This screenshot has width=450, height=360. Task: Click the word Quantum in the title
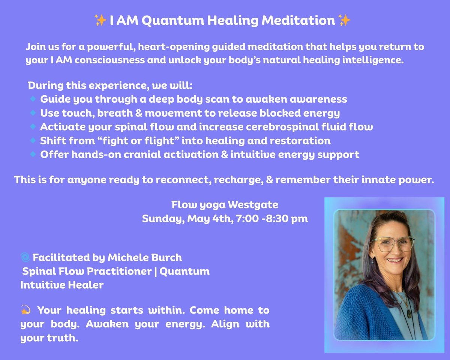(174, 21)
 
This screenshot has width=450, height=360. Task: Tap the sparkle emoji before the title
(100, 20)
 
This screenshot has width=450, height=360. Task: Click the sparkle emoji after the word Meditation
(344, 20)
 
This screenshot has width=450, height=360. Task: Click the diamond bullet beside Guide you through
(33, 99)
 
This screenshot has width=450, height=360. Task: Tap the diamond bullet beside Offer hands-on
(33, 154)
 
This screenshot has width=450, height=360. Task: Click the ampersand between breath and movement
(139, 113)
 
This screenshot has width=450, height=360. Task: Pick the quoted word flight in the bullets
(160, 141)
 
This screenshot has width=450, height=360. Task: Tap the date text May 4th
(210, 219)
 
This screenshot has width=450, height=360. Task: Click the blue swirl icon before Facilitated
(25, 257)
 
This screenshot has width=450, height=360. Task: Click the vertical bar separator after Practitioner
(156, 271)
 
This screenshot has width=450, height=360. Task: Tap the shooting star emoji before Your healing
(25, 310)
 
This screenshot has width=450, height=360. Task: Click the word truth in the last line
(63, 338)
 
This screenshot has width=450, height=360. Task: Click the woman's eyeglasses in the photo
(393, 244)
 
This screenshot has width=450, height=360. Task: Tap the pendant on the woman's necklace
(409, 314)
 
